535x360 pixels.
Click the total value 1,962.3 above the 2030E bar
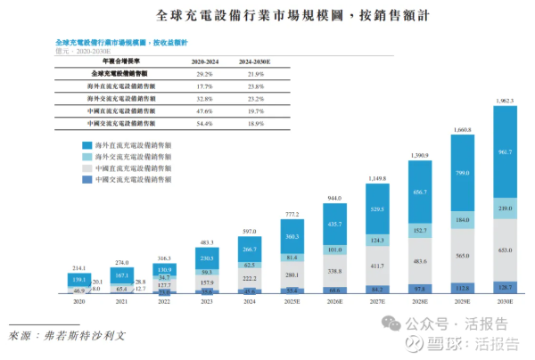pos(505,102)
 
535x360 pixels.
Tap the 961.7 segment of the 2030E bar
pos(505,152)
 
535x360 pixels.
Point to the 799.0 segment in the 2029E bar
pos(462,173)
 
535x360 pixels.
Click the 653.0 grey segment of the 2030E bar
pos(505,250)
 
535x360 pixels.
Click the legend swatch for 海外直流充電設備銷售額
pos(87,144)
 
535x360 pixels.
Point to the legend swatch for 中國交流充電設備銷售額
pos(87,179)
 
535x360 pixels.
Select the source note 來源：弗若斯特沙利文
pos(69,338)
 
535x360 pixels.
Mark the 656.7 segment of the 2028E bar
pos(419,192)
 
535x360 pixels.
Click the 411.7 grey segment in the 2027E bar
pos(376,266)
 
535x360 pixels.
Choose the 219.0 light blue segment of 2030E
pos(505,208)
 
